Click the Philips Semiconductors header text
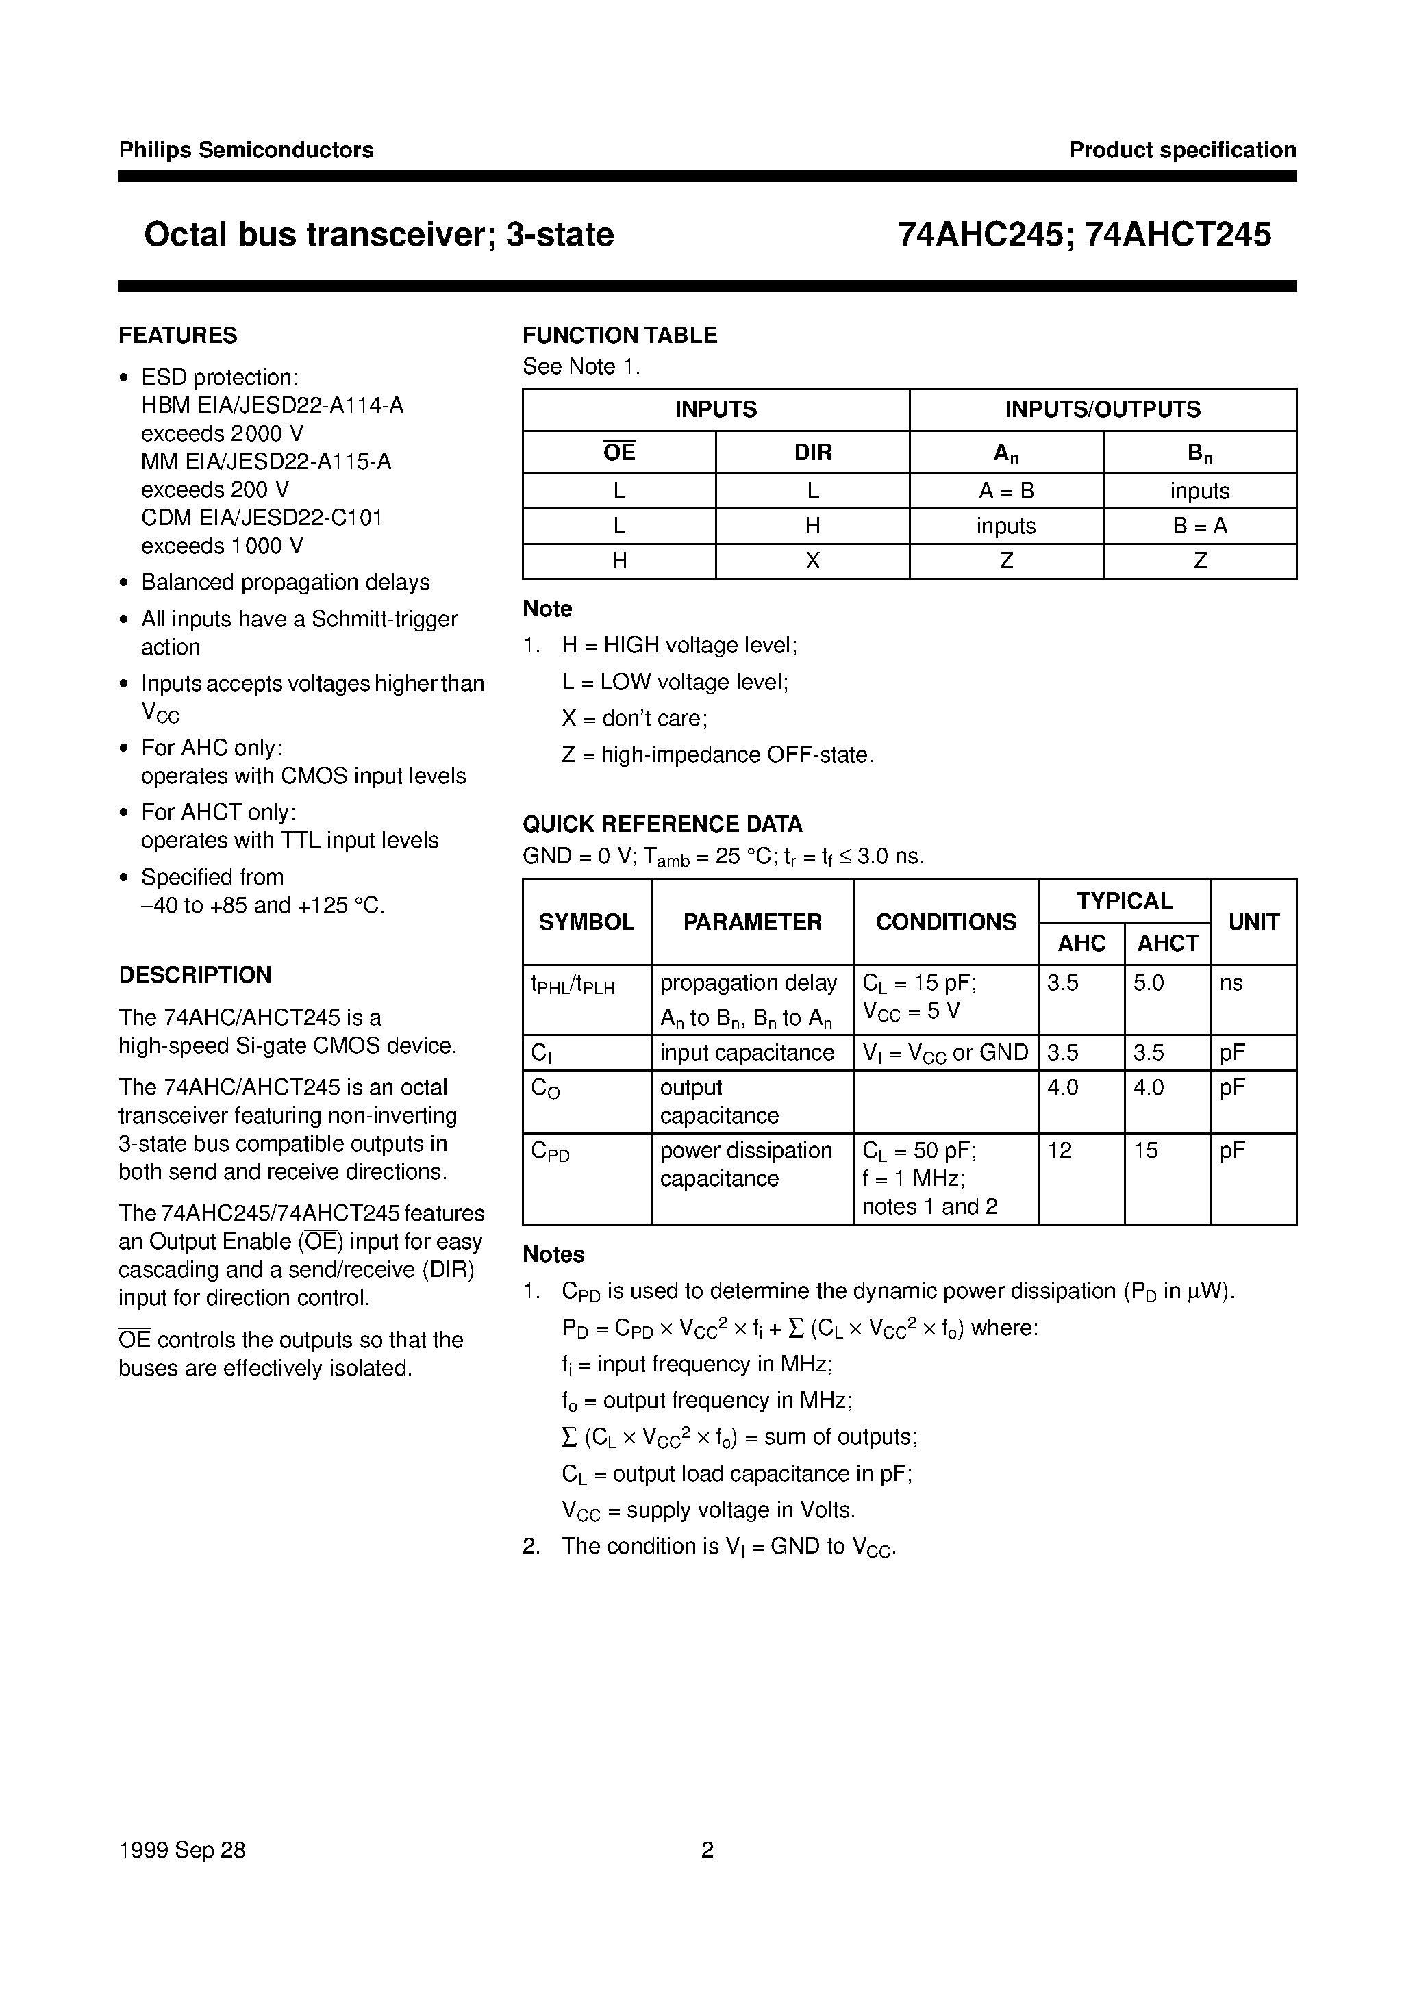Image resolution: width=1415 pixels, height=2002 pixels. [x=246, y=150]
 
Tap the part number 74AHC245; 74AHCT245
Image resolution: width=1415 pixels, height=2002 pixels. [x=1084, y=236]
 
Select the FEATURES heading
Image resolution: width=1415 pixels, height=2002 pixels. [x=178, y=335]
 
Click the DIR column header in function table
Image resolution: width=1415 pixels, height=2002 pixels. [x=812, y=453]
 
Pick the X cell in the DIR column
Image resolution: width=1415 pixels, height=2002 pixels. [x=812, y=561]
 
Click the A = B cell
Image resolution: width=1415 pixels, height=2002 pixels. [x=1006, y=491]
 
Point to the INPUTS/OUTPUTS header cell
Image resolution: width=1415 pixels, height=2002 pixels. [x=1103, y=409]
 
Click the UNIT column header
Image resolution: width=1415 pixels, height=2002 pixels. [x=1253, y=922]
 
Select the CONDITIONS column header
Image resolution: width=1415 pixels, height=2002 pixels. [x=946, y=922]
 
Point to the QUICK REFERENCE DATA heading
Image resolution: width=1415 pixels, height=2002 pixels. [x=662, y=824]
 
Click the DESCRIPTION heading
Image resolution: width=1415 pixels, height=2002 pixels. [x=195, y=974]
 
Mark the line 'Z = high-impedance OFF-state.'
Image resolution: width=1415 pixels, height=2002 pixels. [x=717, y=755]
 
